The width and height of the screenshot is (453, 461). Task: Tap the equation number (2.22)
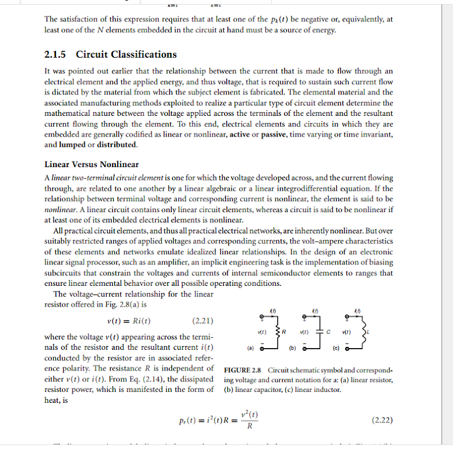[x=381, y=420]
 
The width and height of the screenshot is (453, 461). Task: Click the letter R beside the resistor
[x=291, y=332]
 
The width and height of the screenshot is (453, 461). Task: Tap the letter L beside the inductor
[x=373, y=333]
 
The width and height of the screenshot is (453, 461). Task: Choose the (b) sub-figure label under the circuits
[x=294, y=348]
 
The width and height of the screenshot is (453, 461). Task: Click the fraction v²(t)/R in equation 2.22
[x=249, y=421]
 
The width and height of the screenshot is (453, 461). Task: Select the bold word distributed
[x=117, y=145]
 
